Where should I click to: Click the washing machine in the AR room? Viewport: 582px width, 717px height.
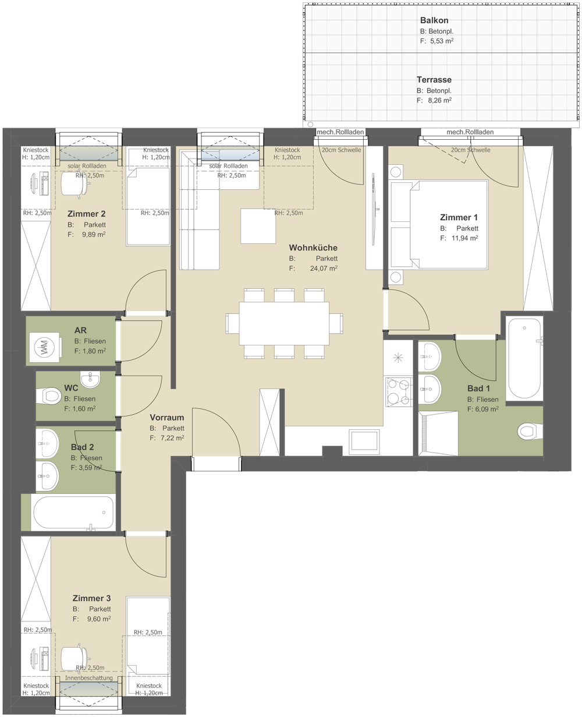45,347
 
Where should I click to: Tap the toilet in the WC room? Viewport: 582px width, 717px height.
49,396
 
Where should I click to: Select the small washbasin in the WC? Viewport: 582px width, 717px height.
90,379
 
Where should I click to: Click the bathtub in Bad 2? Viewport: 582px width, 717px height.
73,513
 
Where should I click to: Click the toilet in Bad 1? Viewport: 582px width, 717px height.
530,431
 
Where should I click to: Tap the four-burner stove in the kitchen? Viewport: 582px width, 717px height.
399,391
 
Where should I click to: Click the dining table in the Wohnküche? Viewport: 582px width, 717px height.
284,323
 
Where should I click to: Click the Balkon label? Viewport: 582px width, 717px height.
434,20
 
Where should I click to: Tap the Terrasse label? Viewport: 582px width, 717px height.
434,80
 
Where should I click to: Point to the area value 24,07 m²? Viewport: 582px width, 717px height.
324,269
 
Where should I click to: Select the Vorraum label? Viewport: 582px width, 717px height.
167,418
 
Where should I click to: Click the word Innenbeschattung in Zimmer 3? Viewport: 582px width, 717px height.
89,677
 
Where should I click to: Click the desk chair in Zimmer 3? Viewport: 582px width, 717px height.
75,658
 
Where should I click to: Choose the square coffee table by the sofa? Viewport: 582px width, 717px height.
258,226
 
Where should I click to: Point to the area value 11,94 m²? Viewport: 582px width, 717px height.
464,238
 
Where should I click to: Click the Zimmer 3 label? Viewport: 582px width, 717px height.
91,598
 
